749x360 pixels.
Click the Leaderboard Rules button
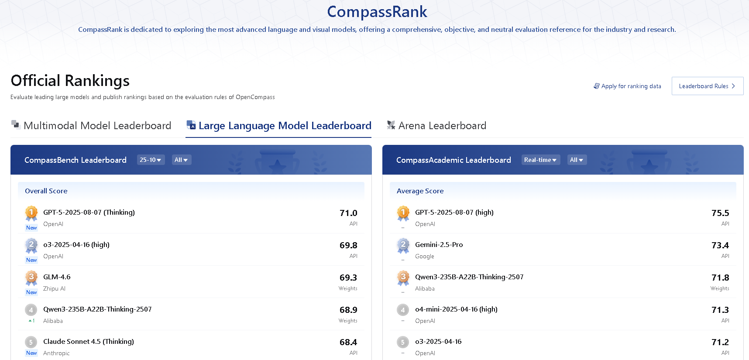(707, 86)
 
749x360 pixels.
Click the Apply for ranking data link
(627, 86)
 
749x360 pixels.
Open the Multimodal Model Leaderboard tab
(91, 126)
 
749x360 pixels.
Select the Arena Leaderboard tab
(436, 126)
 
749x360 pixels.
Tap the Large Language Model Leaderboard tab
(279, 126)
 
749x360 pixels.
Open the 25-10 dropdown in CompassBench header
(151, 160)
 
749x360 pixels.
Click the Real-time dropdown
(540, 160)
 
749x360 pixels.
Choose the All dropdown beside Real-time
(577, 160)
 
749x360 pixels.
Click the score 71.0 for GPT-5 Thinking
(348, 213)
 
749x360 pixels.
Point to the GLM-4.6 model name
(57, 277)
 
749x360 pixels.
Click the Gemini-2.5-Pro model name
(439, 244)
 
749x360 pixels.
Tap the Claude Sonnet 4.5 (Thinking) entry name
(89, 341)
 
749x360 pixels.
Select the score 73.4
(720, 245)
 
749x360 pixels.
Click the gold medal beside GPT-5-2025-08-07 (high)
(403, 213)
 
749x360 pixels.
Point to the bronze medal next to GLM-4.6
(31, 278)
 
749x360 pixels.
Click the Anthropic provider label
(56, 353)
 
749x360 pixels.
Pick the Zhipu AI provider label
(54, 288)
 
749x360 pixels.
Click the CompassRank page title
(377, 12)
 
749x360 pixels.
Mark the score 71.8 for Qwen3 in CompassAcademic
(720, 278)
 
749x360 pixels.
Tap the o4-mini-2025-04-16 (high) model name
(456, 309)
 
